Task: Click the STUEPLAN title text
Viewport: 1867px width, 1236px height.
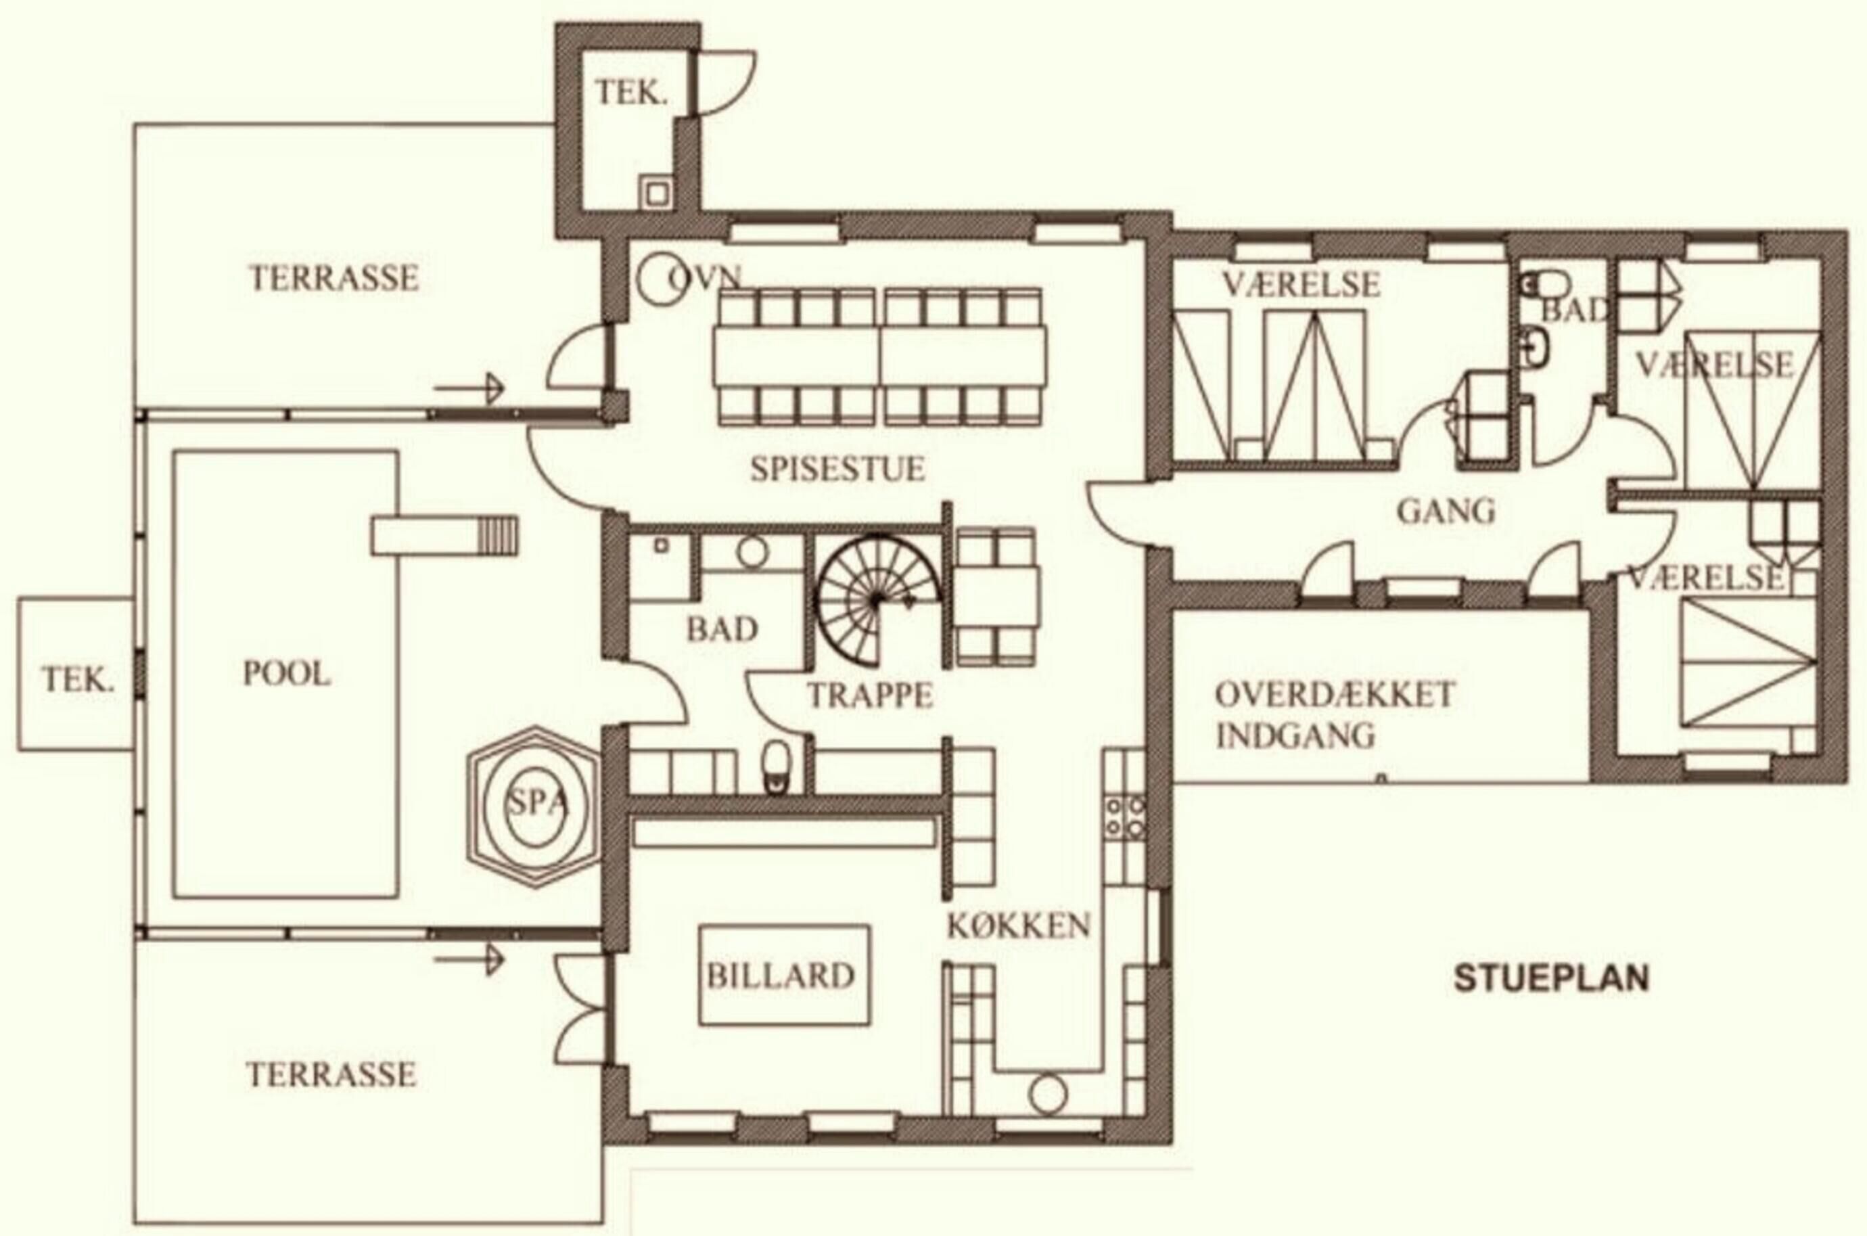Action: coord(1551,978)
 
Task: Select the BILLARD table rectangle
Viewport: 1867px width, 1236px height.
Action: coord(785,975)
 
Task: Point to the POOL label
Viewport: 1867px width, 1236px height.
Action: coord(286,673)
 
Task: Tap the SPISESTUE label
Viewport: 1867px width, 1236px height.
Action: coord(837,468)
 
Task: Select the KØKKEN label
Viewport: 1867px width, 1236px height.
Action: coord(1018,925)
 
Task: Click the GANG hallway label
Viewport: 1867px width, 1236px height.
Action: coord(1446,511)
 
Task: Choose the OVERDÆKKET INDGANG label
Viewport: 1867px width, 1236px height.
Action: coord(1335,715)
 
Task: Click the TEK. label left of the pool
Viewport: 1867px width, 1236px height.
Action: coord(78,679)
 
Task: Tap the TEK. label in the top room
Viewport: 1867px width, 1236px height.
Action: coord(631,93)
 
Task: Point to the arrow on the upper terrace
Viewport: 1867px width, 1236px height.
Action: coord(468,388)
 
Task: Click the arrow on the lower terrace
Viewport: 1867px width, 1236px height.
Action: coord(468,959)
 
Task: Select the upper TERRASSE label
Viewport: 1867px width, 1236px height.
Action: coord(334,277)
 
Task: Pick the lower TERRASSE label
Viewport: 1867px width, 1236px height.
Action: coord(331,1074)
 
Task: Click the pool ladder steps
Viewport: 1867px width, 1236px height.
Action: coord(499,535)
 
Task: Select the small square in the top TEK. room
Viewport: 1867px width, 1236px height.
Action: coord(655,191)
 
